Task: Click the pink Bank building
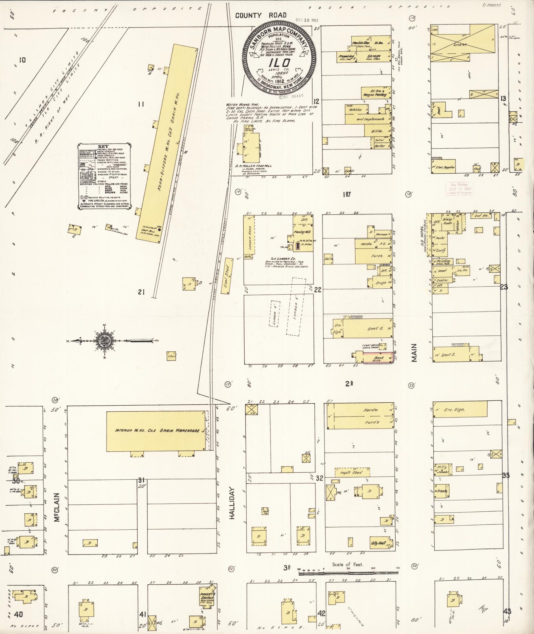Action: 378,358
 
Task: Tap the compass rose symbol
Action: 105,341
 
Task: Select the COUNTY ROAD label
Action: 261,15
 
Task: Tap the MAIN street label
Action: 414,352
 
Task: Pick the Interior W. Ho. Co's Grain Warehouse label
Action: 157,431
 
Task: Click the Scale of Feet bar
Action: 348,572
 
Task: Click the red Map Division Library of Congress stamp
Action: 460,189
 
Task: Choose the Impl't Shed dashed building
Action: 352,472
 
